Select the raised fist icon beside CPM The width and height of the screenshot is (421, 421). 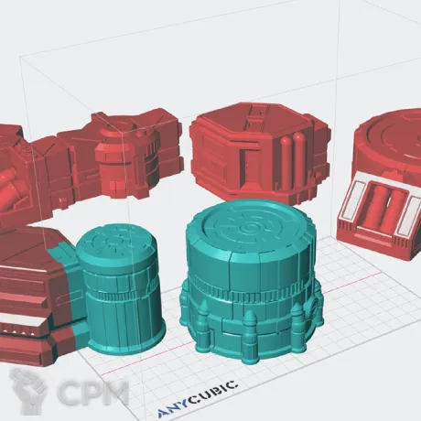point(28,391)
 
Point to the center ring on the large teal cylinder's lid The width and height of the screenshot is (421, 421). point(246,228)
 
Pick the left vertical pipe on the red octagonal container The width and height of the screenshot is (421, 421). point(286,162)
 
